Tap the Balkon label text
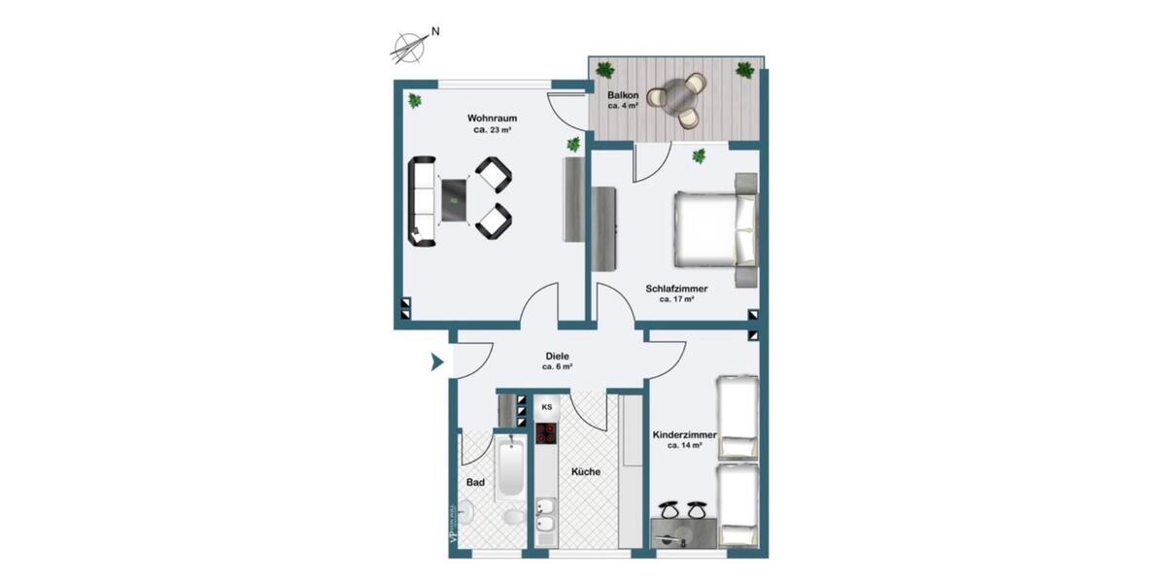pyautogui.click(x=623, y=96)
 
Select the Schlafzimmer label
pyautogui.click(x=676, y=289)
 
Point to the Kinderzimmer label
pyautogui.click(x=685, y=436)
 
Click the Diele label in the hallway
pyautogui.click(x=557, y=357)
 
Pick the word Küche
pyautogui.click(x=586, y=471)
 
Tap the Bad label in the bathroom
pyautogui.click(x=475, y=482)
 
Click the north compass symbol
pyautogui.click(x=412, y=43)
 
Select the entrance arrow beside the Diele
pyautogui.click(x=437, y=363)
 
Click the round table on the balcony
pyautogui.click(x=676, y=96)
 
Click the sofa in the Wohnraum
pyautogui.click(x=422, y=203)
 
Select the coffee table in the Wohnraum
pyautogui.click(x=455, y=203)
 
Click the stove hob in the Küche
pyautogui.click(x=545, y=433)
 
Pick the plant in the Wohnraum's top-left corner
pyautogui.click(x=415, y=100)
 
